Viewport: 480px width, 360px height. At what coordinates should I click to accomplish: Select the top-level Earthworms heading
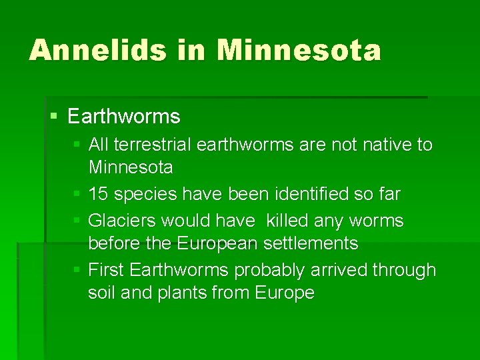click(124, 117)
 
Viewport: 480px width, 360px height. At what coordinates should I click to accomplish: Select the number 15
click(99, 194)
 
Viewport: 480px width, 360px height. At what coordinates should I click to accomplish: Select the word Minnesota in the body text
click(131, 167)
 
